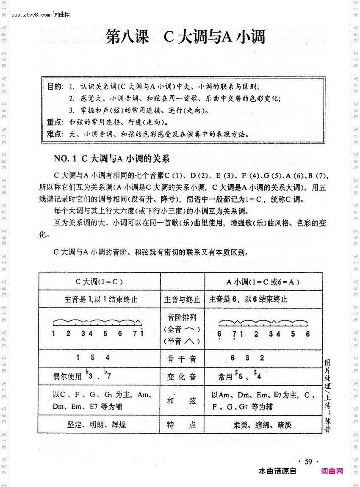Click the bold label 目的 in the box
coord(55,87)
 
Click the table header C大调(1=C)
coord(99,282)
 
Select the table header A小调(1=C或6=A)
coord(263,282)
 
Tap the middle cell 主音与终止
coord(182,300)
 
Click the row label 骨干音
coord(182,359)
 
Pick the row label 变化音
coord(182,376)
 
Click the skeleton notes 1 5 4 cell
coord(92,358)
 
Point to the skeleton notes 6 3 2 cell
coord(247,358)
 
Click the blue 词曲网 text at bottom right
coord(332,471)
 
